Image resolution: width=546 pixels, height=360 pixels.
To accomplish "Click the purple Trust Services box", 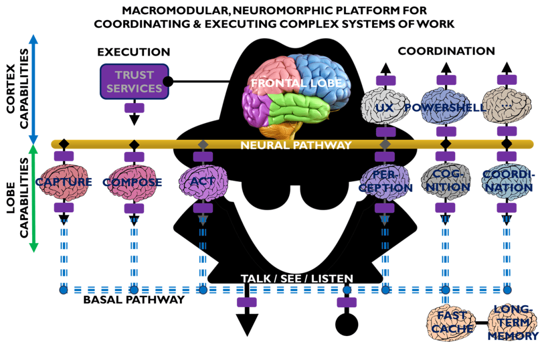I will (x=134, y=81).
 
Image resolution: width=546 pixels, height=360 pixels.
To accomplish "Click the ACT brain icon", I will (x=203, y=182).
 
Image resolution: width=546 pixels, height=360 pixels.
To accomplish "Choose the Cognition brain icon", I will (x=445, y=182).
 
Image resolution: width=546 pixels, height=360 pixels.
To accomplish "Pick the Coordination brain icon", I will (x=508, y=182).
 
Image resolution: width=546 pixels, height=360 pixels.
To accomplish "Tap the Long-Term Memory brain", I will (x=512, y=323).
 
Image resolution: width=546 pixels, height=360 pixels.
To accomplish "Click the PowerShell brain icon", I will (x=445, y=107).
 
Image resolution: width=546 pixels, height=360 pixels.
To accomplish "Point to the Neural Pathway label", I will (x=296, y=145).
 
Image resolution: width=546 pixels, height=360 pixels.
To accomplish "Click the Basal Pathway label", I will (x=133, y=300).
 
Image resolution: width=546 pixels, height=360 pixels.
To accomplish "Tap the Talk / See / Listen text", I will (x=297, y=278).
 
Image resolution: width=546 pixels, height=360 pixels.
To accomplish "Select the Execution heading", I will (x=133, y=52).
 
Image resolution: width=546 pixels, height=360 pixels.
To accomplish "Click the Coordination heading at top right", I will (x=446, y=51).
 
